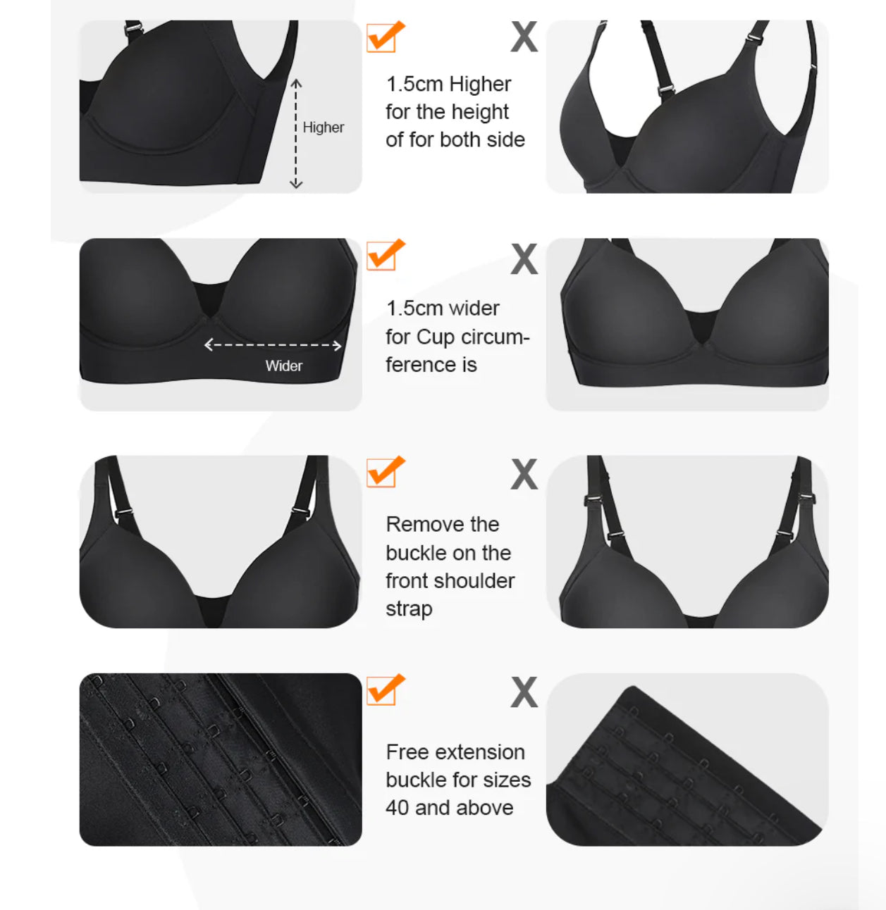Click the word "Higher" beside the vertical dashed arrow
[x=323, y=127]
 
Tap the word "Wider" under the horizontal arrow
[x=283, y=366]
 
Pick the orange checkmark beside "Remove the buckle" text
[x=386, y=471]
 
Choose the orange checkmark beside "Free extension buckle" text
[x=386, y=690]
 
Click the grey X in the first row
[x=524, y=37]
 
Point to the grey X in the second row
[x=524, y=258]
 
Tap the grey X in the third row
[x=524, y=474]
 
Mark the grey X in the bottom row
[x=524, y=692]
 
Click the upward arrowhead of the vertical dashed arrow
[x=296, y=83]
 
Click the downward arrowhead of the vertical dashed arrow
[x=296, y=185]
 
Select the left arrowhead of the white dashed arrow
[x=209, y=345]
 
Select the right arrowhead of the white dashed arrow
[x=337, y=345]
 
